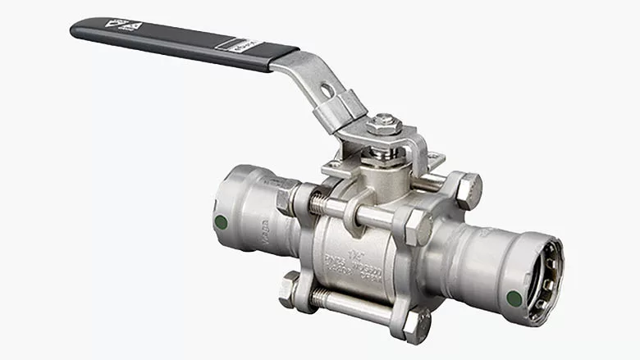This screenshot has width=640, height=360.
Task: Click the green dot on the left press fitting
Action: coord(220,221)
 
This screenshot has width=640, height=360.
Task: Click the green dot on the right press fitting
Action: coord(514,298)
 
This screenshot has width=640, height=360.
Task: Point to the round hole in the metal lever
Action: coord(327,90)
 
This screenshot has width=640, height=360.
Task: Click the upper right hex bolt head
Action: coord(467,189)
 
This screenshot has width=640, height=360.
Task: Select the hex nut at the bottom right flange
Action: coord(416,325)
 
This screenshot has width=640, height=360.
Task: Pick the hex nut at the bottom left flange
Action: coord(289,288)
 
